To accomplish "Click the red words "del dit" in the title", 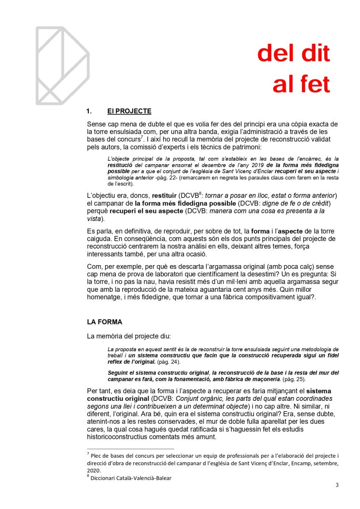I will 293,54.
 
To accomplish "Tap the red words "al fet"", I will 301,84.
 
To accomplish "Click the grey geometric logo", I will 62,65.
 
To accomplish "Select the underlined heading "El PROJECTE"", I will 129,112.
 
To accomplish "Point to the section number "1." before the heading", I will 90,112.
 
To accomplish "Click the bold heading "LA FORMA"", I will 104,322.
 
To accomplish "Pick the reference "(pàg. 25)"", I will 293,379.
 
